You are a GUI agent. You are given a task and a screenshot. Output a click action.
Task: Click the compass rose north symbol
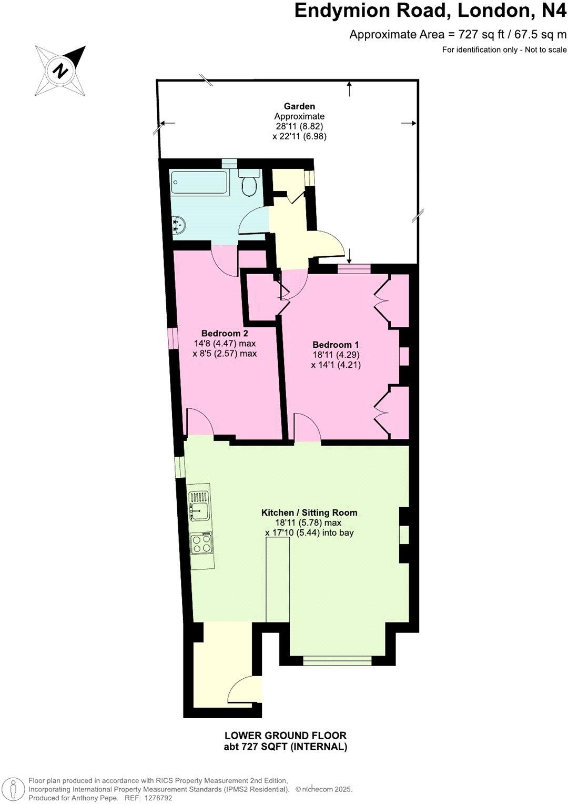pos(61,70)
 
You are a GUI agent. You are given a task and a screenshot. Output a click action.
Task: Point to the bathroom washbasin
pos(178,225)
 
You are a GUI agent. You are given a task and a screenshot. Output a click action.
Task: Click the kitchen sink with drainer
pos(199,506)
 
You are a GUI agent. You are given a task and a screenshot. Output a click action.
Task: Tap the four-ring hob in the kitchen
pos(201,543)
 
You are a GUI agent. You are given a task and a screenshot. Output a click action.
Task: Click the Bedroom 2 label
pos(225,333)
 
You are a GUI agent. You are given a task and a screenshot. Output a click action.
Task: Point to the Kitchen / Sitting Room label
pos(309,512)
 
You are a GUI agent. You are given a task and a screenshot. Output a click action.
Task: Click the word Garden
pos(299,106)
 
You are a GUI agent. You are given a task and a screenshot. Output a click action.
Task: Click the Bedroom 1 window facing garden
pos(354,269)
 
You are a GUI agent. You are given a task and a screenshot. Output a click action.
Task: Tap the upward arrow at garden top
pos(349,89)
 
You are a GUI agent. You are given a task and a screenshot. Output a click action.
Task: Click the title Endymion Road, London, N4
pos(430,11)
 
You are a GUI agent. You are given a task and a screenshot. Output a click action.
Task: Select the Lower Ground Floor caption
pos(286,736)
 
